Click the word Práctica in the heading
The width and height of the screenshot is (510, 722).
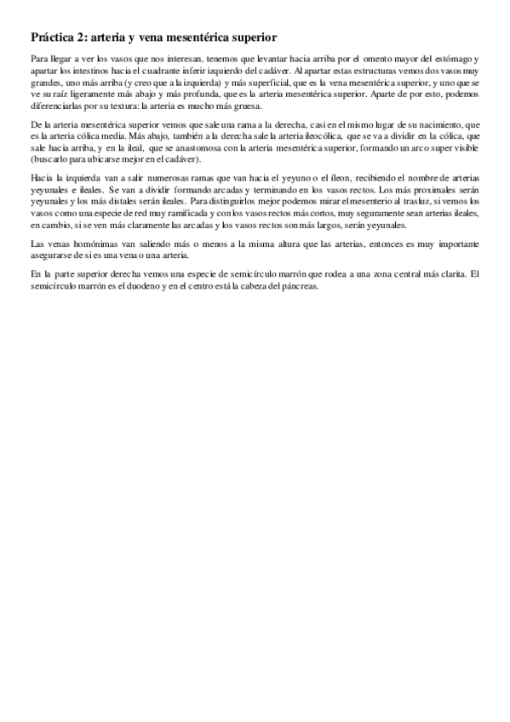[53, 38]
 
